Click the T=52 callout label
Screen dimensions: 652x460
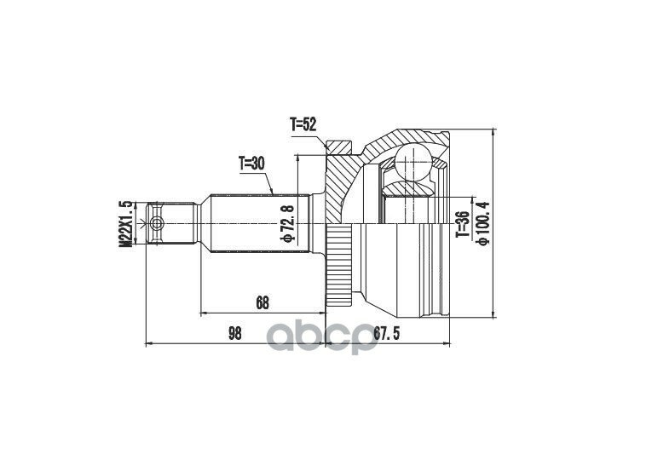[x=303, y=124]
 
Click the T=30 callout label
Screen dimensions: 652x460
[x=251, y=164]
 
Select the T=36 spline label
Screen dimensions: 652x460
[x=463, y=224]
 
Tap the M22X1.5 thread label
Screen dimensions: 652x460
[x=125, y=224]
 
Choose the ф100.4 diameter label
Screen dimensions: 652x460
[x=483, y=223]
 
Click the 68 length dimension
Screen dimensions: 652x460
[x=263, y=303]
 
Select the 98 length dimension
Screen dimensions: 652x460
[x=235, y=333]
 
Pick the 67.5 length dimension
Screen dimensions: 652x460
[x=386, y=333]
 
